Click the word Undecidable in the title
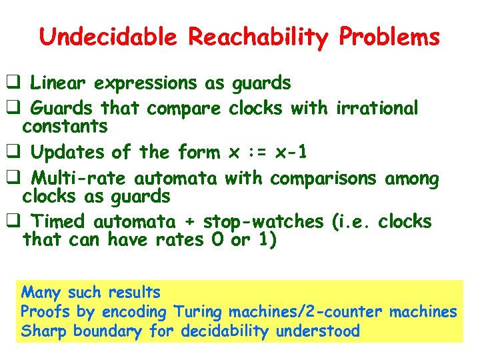(x=107, y=37)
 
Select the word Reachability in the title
(x=256, y=37)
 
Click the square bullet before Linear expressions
(x=12, y=83)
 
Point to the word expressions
(x=145, y=83)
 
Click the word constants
(x=65, y=125)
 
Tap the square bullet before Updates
(x=12, y=153)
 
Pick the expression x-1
(x=293, y=153)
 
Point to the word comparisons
(x=324, y=179)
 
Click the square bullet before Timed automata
(x=12, y=221)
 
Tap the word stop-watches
(x=264, y=221)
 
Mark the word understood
(x=319, y=331)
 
